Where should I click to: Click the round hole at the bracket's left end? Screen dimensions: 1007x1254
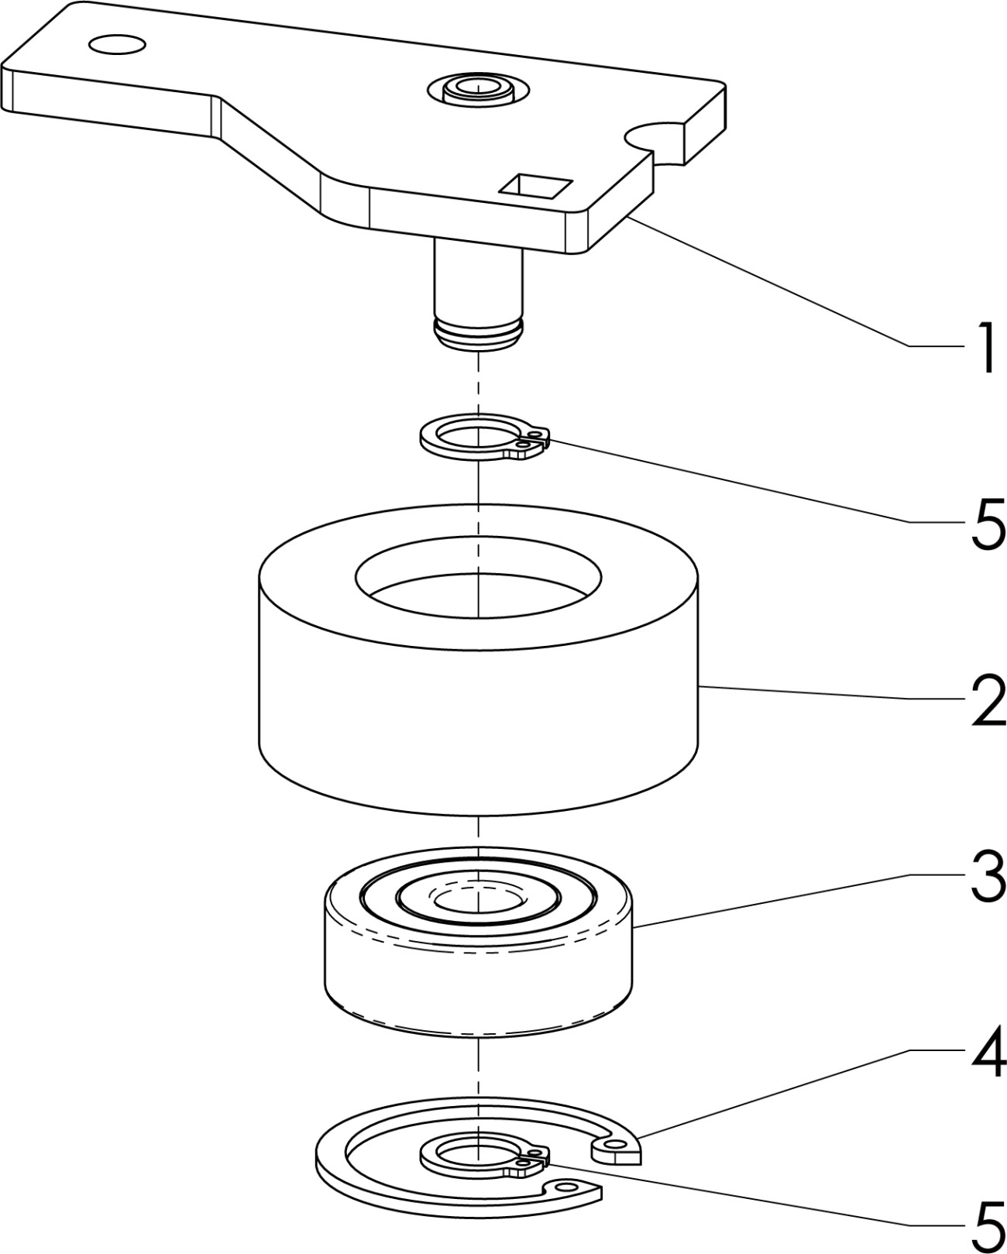(x=116, y=44)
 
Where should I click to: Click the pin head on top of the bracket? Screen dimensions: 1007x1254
(x=477, y=89)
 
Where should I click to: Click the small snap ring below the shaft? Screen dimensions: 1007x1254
(x=483, y=436)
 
